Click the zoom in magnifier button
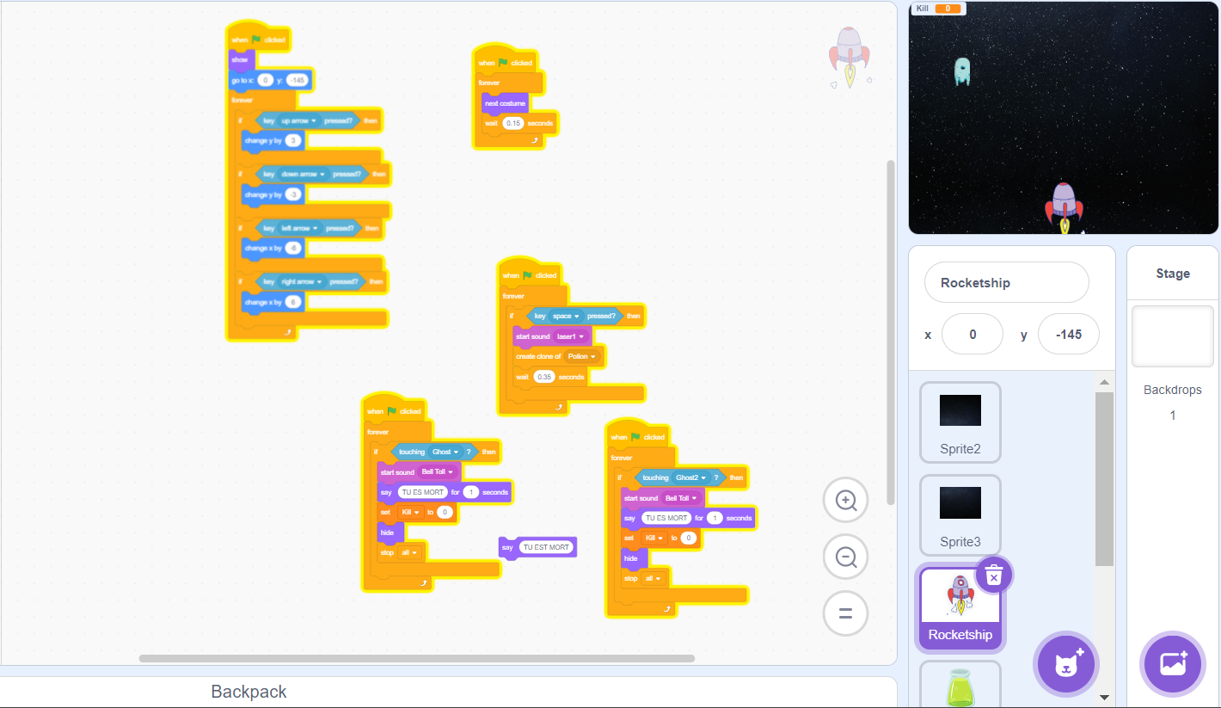(x=845, y=500)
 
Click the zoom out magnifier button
(x=845, y=557)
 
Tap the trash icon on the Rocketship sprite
(x=993, y=575)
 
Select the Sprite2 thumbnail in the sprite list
(x=960, y=422)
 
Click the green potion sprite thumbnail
(x=960, y=686)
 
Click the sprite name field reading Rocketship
(x=1006, y=283)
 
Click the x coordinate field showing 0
(x=972, y=334)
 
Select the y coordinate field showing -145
(x=1068, y=334)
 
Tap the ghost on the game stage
(x=961, y=71)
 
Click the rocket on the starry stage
(x=1064, y=206)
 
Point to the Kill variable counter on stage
(x=938, y=9)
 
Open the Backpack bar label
(x=248, y=692)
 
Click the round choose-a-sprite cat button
(x=1065, y=663)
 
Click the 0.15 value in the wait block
(x=513, y=123)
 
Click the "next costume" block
(x=505, y=103)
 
